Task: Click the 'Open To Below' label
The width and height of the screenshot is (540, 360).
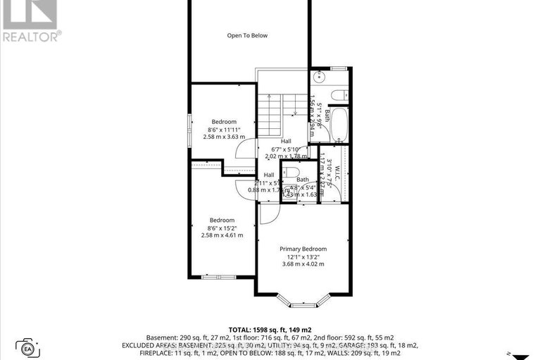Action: (247, 35)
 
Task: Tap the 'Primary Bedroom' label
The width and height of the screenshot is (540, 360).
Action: (303, 249)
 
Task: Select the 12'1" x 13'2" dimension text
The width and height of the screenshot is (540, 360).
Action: (303, 256)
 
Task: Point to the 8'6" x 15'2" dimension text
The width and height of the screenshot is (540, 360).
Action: (222, 228)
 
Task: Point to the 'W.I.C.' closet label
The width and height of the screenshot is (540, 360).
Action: (337, 173)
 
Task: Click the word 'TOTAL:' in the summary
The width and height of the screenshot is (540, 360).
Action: (241, 329)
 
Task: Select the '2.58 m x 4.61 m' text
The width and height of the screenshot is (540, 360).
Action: (222, 235)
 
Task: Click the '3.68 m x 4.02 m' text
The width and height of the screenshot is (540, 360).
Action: (303, 264)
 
